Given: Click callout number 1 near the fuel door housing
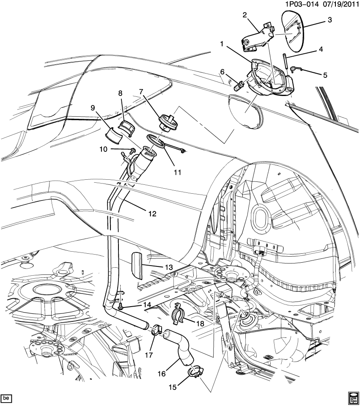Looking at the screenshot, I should [221, 43].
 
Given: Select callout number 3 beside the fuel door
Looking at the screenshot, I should [330, 20].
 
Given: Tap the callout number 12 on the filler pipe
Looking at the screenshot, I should [152, 214].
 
